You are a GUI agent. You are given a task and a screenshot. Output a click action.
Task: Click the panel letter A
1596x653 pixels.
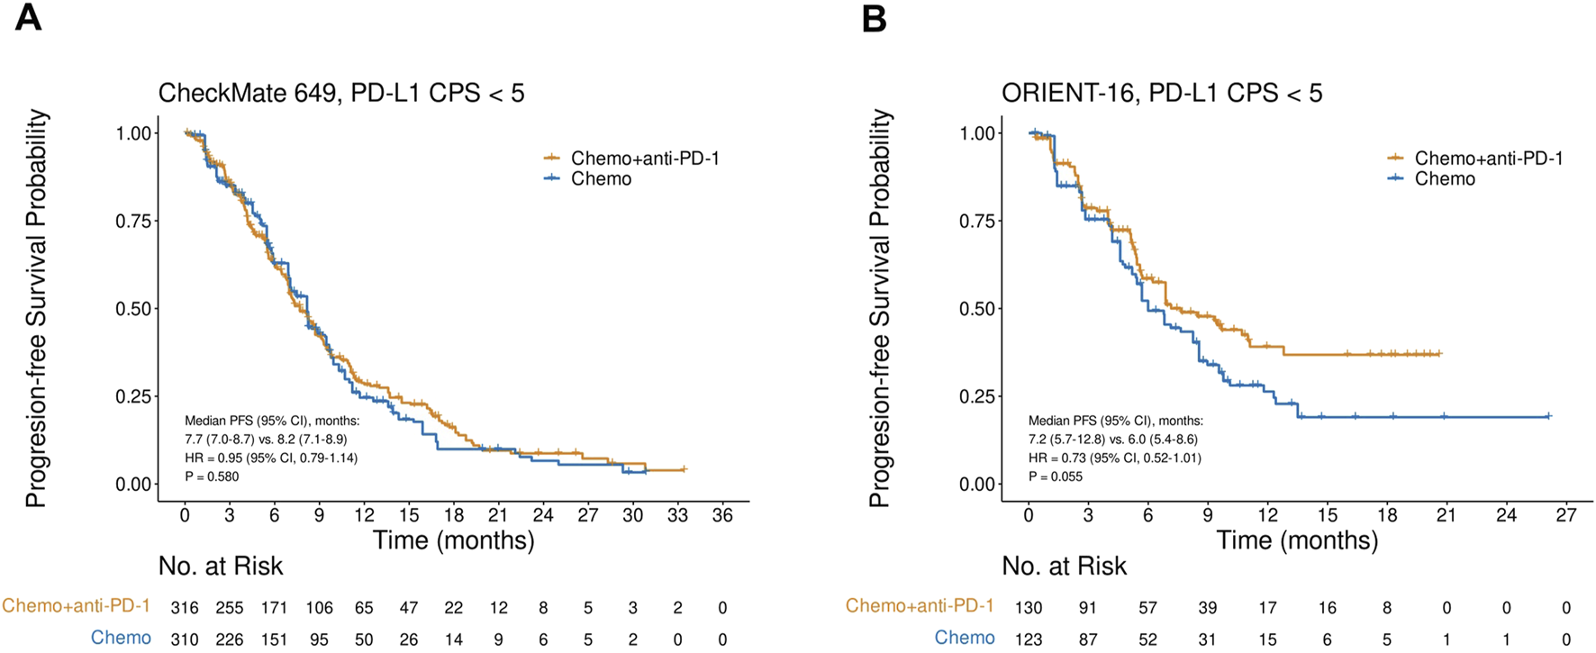pyautogui.click(x=28, y=17)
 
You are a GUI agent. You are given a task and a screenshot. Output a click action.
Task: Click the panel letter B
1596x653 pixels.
pyautogui.click(x=874, y=17)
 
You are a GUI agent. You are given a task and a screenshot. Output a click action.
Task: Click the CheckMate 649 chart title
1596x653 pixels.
pyautogui.click(x=340, y=93)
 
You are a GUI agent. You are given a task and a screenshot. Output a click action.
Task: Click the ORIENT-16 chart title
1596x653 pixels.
pyautogui.click(x=1162, y=93)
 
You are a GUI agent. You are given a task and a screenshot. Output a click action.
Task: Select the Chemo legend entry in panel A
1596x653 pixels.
pyautogui.click(x=601, y=178)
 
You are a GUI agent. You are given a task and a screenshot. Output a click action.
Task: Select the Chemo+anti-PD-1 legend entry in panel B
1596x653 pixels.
pyautogui.click(x=1488, y=159)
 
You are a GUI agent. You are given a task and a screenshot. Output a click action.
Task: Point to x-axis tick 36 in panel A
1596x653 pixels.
pyautogui.click(x=722, y=515)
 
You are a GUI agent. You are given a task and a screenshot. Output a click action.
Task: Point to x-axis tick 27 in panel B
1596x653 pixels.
pyautogui.click(x=1566, y=515)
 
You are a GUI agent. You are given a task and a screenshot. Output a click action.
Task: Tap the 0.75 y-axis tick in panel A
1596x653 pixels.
pyautogui.click(x=133, y=221)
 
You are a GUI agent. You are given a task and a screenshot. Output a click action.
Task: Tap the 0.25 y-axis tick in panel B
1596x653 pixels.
pyautogui.click(x=977, y=396)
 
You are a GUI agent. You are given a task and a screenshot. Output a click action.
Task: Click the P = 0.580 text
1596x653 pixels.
pyautogui.click(x=213, y=476)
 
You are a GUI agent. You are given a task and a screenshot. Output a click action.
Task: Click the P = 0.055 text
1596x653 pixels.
pyautogui.click(x=1056, y=476)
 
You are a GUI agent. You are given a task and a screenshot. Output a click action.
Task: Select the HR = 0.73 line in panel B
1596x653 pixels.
pyautogui.click(x=1115, y=458)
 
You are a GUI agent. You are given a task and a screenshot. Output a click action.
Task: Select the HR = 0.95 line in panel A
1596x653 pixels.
pyautogui.click(x=271, y=458)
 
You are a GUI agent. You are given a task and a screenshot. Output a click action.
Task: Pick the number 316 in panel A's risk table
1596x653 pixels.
pyautogui.click(x=185, y=608)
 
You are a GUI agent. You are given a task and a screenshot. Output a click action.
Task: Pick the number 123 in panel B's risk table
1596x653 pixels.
pyautogui.click(x=1029, y=639)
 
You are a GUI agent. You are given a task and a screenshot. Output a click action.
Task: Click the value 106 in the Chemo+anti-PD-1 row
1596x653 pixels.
pyautogui.click(x=319, y=608)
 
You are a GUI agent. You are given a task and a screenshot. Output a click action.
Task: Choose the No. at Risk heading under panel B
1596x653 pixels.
pyautogui.click(x=1064, y=566)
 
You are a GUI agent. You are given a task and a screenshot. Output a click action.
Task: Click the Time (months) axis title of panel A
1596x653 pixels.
pyautogui.click(x=453, y=540)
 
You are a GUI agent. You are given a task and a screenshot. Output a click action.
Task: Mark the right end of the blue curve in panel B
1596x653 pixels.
pyautogui.click(x=1548, y=416)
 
